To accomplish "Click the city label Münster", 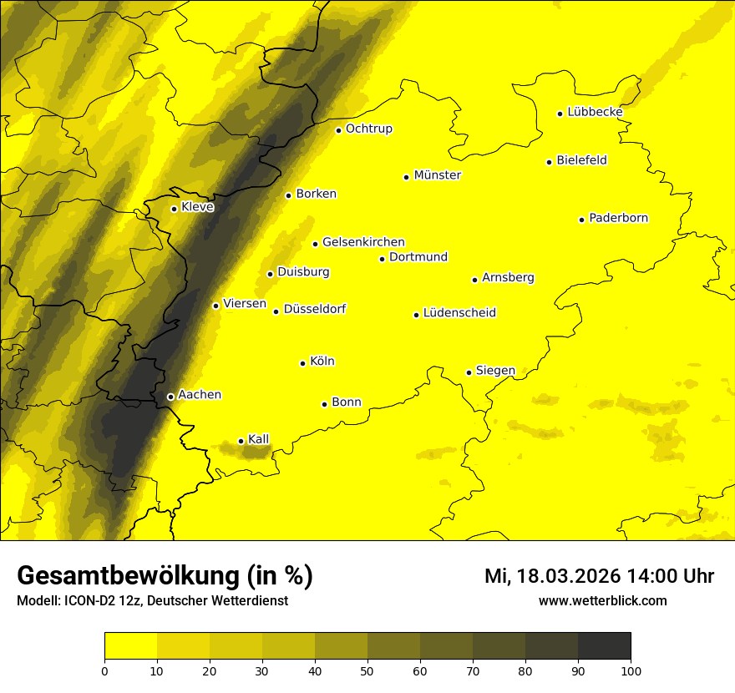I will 437,175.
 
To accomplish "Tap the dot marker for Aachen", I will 170,397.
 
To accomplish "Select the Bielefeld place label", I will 581,160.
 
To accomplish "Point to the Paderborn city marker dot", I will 581,220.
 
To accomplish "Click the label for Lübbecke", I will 595,112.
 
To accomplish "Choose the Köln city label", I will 322,362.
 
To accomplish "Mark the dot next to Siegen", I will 469,372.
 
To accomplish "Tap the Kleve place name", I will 197,207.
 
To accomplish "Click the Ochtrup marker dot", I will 338,129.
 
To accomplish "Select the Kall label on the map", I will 259,439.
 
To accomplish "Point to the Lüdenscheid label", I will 459,313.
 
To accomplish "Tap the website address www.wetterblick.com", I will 602,600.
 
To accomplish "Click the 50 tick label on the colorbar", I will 367,670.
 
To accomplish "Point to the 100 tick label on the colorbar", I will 631,670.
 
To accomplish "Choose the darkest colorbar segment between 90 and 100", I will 604,645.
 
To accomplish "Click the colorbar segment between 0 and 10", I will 130,645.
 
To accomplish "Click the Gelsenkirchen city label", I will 363,242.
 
